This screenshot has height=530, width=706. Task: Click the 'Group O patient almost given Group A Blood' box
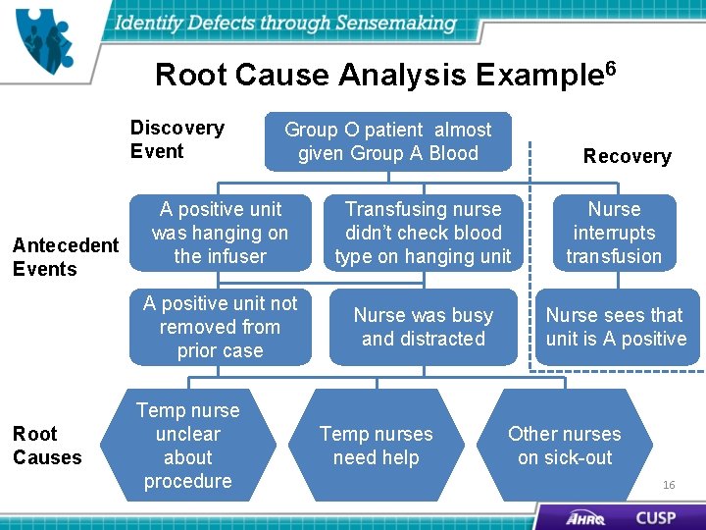(x=388, y=141)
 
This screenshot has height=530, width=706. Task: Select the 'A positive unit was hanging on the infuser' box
(x=220, y=233)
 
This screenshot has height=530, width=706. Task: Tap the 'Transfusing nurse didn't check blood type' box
(x=423, y=233)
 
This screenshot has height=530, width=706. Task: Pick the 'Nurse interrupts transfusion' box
(x=614, y=233)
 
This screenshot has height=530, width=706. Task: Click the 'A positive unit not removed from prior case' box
(x=220, y=327)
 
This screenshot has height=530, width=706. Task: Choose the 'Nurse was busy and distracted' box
(x=423, y=327)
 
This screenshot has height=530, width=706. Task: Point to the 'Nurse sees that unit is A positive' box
(x=616, y=327)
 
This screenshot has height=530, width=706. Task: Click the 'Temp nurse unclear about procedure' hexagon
(x=187, y=446)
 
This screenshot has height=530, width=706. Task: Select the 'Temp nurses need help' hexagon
(x=376, y=446)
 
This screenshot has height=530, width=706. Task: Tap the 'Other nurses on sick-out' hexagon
(x=564, y=446)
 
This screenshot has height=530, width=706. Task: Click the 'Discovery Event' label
(x=176, y=139)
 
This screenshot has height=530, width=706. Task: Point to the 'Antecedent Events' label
(x=65, y=256)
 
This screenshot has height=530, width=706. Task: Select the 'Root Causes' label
(x=47, y=446)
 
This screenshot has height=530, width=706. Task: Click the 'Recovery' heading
(x=627, y=156)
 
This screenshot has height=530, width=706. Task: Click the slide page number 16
(x=669, y=485)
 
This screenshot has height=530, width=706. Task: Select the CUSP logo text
(x=655, y=516)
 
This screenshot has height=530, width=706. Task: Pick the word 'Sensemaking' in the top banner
(x=396, y=22)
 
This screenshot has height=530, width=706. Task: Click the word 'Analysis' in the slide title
(x=403, y=75)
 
